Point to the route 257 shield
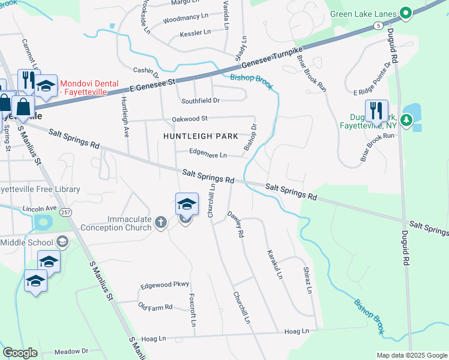(65, 212)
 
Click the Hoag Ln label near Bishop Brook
(296, 331)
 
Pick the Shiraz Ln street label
(307, 280)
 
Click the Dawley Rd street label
(235, 225)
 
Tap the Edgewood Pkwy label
(164, 284)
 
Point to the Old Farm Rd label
(155, 307)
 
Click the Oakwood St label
(190, 119)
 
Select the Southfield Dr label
(200, 100)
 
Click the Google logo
(20, 353)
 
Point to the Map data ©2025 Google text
(411, 355)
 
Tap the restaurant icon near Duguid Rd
(376, 112)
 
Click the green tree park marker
(406, 120)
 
